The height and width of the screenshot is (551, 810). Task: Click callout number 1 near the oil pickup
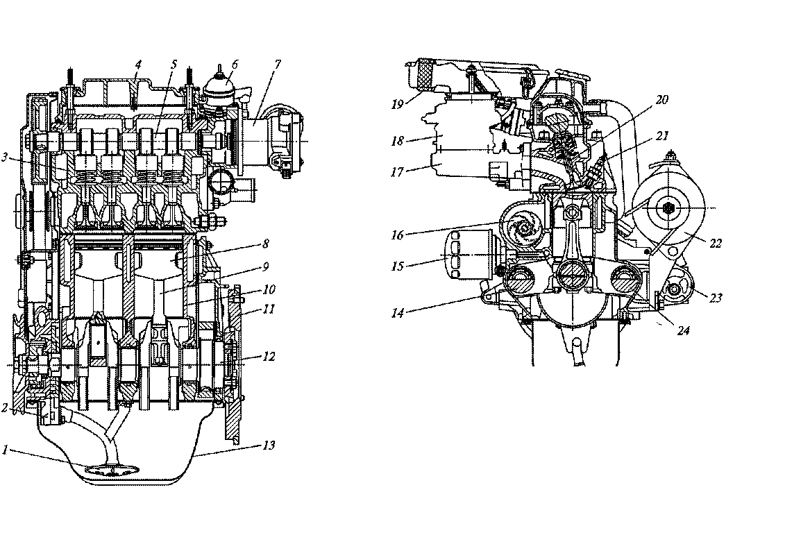[x=5, y=450]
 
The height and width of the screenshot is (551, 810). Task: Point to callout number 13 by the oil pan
[x=269, y=445]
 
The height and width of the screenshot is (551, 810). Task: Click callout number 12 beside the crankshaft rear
[x=269, y=356]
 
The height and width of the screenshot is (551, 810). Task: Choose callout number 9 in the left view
[x=266, y=266]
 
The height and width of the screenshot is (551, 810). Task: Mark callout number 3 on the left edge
[x=5, y=157]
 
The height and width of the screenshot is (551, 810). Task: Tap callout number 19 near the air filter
[x=397, y=104]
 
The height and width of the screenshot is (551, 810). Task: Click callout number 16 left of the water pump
[x=397, y=235]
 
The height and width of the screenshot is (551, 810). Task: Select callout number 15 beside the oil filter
[x=397, y=266]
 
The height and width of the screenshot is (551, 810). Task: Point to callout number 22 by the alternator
[x=716, y=243]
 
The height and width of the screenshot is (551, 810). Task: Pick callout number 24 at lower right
[x=683, y=330]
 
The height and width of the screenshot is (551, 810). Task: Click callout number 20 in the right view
[x=661, y=100]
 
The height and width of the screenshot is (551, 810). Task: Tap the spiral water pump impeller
[x=522, y=227]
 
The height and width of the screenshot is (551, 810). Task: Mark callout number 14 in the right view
[x=397, y=313]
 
